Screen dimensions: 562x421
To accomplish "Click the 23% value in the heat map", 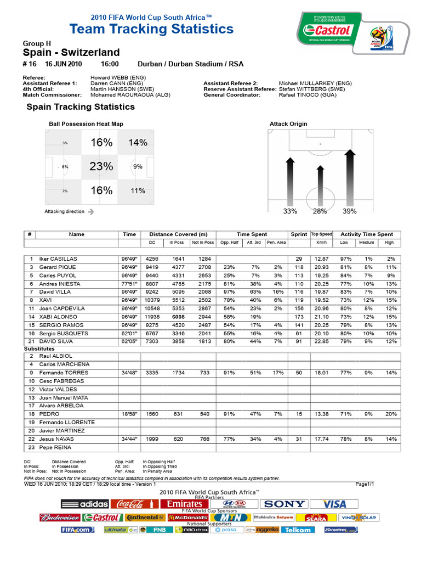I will (101, 166).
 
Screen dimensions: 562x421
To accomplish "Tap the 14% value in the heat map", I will (138, 143).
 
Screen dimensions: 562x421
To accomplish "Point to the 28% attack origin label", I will (320, 211).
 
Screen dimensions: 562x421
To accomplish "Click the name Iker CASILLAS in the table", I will (58, 258).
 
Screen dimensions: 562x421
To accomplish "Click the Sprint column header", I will (299, 234).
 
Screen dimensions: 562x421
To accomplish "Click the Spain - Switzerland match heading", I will (71, 53).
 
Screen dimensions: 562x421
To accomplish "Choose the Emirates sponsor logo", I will (185, 504).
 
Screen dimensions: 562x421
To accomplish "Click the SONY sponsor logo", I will (283, 504).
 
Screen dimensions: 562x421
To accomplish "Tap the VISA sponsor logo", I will (334, 504).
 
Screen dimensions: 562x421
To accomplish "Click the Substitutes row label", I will (39, 349).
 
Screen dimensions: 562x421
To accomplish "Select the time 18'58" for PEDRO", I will (129, 414).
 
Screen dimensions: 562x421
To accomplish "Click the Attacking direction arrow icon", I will (90, 211).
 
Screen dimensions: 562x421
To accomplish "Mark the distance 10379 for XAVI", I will (153, 301).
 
